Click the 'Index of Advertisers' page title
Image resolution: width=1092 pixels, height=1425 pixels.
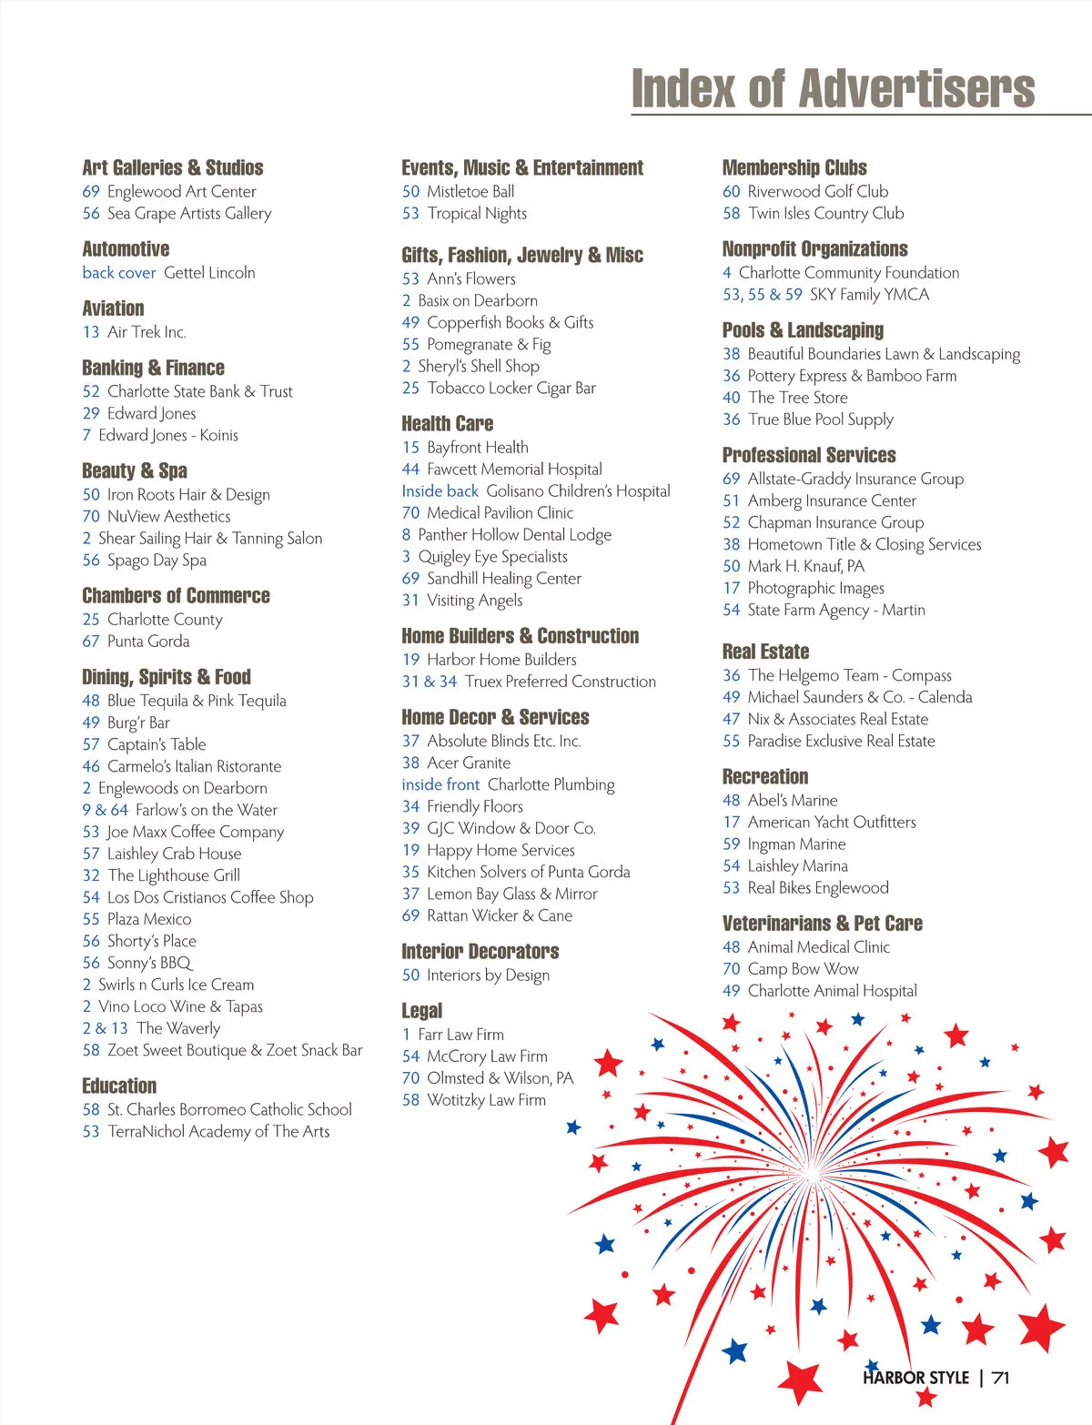pyautogui.click(x=833, y=89)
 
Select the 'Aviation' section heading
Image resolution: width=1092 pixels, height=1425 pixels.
pyautogui.click(x=113, y=308)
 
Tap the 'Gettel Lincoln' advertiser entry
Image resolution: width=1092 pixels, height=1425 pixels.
pyautogui.click(x=209, y=272)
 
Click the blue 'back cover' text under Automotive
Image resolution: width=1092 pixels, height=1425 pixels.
pyautogui.click(x=119, y=272)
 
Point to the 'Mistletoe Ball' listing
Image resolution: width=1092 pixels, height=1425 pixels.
pyautogui.click(x=470, y=191)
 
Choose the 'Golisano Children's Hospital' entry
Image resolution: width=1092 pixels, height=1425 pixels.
pyautogui.click(x=578, y=490)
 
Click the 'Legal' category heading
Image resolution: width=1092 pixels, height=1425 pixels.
pyautogui.click(x=421, y=1011)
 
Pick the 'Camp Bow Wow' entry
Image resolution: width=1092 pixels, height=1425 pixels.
pyautogui.click(x=803, y=969)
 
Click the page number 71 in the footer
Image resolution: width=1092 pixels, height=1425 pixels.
pyautogui.click(x=1001, y=1378)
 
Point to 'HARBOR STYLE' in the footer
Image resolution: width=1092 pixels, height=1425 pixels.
pyautogui.click(x=915, y=1378)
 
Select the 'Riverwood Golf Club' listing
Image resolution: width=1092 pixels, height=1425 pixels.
pyautogui.click(x=817, y=191)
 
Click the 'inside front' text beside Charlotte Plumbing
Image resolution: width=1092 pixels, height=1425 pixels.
pyautogui.click(x=440, y=784)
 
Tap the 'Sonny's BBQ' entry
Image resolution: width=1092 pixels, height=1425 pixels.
pyautogui.click(x=150, y=963)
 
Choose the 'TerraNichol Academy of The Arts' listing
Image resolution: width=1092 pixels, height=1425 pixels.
pyautogui.click(x=218, y=1131)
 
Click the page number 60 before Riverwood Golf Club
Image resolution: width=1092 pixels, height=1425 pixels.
pyautogui.click(x=731, y=191)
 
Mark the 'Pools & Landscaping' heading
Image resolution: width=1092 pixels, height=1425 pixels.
pyautogui.click(x=803, y=330)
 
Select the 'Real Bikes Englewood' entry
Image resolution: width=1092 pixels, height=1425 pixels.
pyautogui.click(x=818, y=887)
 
